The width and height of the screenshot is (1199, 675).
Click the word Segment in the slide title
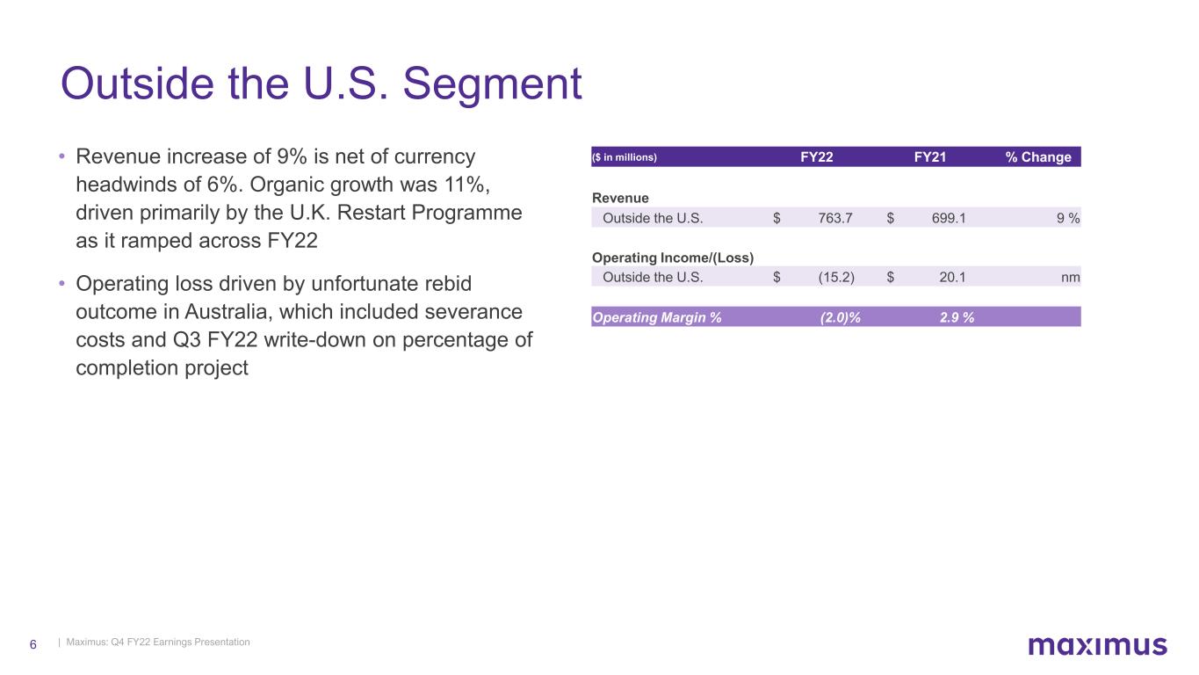tap(492, 84)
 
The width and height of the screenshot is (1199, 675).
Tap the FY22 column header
tap(816, 157)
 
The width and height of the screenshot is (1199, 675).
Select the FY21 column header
tap(929, 157)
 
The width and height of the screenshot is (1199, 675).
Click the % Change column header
tap(1038, 157)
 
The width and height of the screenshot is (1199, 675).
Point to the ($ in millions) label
tap(625, 157)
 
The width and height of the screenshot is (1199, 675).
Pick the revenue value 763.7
tap(835, 218)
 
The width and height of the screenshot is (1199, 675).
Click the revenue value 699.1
tap(949, 218)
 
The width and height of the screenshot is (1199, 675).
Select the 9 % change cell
tap(1068, 218)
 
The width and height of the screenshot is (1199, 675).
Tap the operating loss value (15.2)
tap(836, 278)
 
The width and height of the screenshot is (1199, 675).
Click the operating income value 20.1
tap(952, 278)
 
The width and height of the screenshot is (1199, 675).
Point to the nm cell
tap(1071, 278)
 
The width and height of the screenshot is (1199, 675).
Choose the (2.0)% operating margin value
tap(840, 317)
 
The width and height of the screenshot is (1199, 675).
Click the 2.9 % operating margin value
tap(957, 317)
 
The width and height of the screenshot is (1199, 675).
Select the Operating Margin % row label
tap(657, 317)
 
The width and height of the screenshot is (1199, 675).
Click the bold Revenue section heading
tap(620, 199)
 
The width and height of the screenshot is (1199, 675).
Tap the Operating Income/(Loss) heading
tap(673, 258)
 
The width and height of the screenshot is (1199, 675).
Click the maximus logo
tap(1097, 645)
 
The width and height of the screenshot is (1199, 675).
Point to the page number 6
tap(33, 644)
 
